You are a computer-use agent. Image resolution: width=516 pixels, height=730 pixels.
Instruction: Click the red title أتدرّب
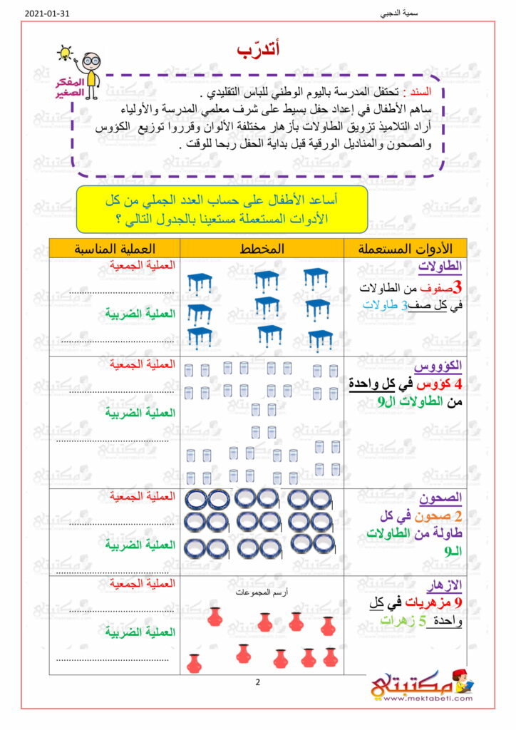(258, 49)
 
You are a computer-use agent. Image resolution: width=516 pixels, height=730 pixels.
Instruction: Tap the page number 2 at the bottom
(258, 682)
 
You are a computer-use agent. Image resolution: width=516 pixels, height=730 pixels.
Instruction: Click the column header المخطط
(263, 248)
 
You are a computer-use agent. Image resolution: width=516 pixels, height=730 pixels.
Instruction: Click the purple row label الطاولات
(443, 267)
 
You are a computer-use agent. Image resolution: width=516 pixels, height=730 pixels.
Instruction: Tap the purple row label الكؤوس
(443, 366)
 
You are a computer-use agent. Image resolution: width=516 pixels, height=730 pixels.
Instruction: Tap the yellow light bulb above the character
(66, 53)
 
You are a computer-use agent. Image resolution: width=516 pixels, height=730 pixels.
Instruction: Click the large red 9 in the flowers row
(458, 604)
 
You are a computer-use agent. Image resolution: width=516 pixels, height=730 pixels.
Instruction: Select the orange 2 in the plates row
(458, 515)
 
